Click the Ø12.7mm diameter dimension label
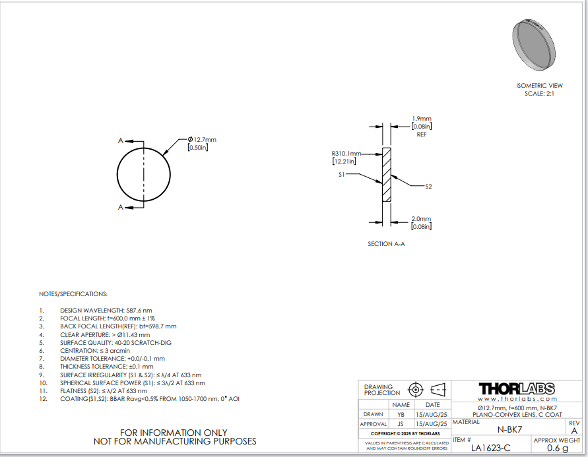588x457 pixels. coord(202,140)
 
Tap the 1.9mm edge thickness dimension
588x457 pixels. coord(422,119)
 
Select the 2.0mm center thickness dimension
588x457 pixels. coord(421,219)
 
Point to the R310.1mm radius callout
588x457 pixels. coord(346,154)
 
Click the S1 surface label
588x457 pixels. coord(341,175)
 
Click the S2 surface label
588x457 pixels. coord(428,187)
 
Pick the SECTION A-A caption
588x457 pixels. coord(386,244)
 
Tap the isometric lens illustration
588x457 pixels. coord(534,44)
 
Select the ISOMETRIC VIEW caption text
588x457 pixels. coord(539,86)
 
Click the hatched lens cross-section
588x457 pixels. coord(387,175)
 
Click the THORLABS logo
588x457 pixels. coord(516,388)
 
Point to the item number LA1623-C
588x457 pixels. coord(491,448)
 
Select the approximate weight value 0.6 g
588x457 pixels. coord(558,448)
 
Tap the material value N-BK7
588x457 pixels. coord(509,430)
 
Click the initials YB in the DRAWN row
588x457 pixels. coord(401,415)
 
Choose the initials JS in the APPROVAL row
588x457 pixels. coord(401,424)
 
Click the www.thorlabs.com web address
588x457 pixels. coord(517,399)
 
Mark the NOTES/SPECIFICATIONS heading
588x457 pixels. coord(73,294)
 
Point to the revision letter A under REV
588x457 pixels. coord(574,431)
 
